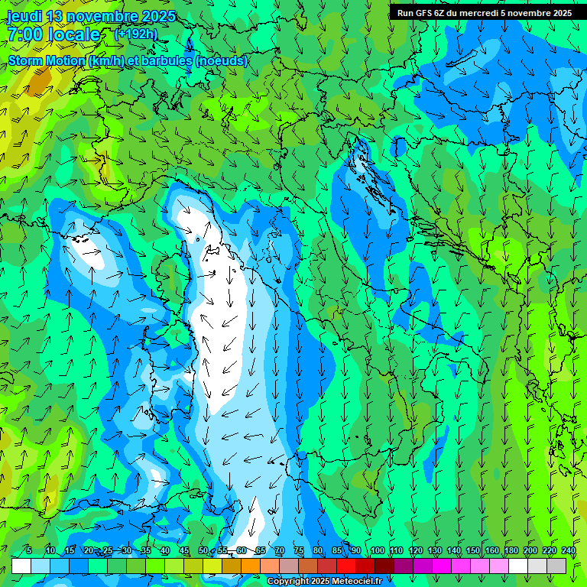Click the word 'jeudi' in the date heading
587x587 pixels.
click(x=26, y=17)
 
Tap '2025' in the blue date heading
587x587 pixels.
click(x=157, y=17)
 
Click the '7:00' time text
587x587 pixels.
click(x=25, y=34)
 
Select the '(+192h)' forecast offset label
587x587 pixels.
click(x=136, y=34)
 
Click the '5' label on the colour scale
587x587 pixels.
click(x=29, y=550)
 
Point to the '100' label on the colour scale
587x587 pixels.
click(x=377, y=550)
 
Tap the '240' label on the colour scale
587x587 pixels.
click(x=568, y=550)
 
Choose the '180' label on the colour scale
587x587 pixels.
click(x=511, y=550)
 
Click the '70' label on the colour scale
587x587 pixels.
click(x=280, y=550)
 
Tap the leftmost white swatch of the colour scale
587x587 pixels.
click(x=21, y=566)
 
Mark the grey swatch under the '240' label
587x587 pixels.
click(x=556, y=566)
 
